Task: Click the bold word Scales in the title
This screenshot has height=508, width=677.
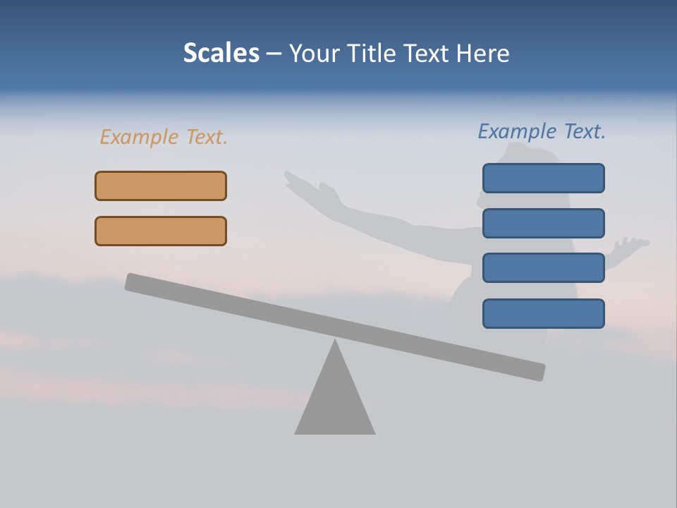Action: click(x=221, y=54)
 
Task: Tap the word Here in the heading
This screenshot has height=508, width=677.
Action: click(x=483, y=54)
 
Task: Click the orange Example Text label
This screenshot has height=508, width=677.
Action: click(x=164, y=137)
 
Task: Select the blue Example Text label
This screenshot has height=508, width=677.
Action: click(x=542, y=131)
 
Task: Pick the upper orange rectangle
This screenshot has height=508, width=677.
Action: click(x=161, y=186)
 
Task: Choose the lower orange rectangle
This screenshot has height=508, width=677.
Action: click(x=161, y=231)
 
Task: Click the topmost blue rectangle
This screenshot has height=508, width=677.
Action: click(x=543, y=178)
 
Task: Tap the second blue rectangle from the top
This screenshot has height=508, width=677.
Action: click(x=543, y=223)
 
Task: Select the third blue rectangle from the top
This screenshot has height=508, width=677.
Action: click(x=543, y=268)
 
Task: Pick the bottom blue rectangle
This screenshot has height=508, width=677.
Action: click(x=543, y=313)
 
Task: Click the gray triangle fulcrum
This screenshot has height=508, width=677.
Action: click(x=335, y=402)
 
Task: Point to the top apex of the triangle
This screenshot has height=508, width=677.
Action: click(x=335, y=341)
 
